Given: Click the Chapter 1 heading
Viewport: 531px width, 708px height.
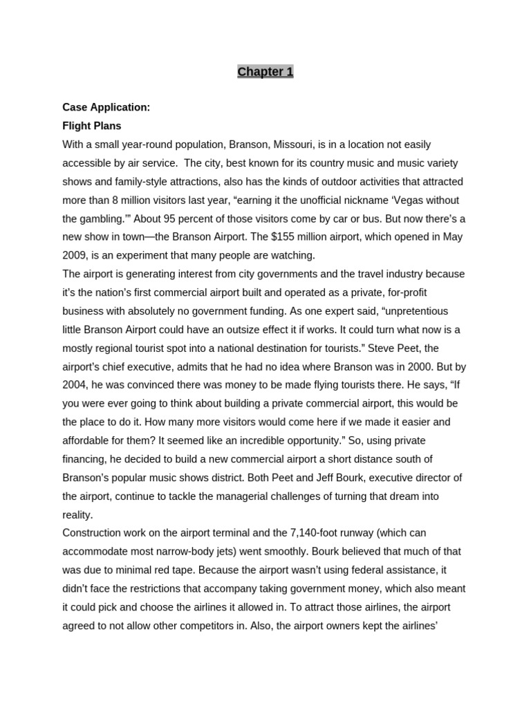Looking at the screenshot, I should coord(265,72).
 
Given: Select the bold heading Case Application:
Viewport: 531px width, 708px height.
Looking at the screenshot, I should coord(106,108).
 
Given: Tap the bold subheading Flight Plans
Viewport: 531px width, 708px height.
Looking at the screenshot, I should coord(91,126).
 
